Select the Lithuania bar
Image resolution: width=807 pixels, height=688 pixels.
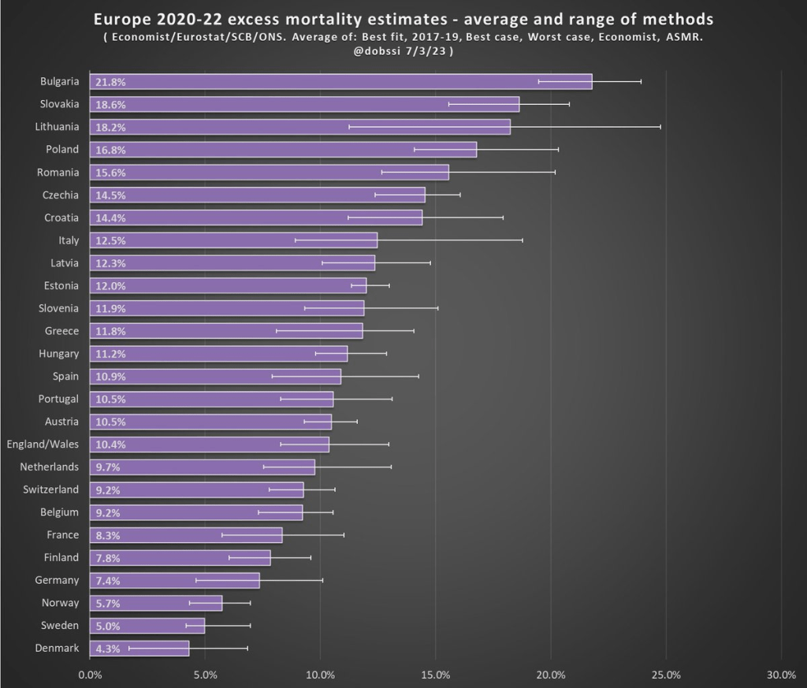[x=299, y=127]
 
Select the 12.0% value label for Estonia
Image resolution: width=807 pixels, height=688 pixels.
[x=110, y=286]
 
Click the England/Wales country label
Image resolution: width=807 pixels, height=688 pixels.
[x=43, y=444]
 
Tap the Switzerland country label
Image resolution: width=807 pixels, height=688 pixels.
[x=51, y=490]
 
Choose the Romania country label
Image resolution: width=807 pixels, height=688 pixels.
[x=58, y=173]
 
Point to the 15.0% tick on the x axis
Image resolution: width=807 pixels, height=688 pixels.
[x=436, y=675]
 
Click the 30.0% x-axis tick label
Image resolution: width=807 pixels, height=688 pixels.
[x=781, y=675]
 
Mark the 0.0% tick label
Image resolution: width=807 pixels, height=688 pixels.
[x=90, y=675]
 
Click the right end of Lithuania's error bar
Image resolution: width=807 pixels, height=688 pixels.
[x=660, y=127]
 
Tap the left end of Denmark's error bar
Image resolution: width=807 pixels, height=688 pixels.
[x=129, y=649]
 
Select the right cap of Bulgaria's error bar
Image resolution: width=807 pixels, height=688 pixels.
[x=641, y=82]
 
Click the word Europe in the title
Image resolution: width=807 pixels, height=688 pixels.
[x=120, y=19]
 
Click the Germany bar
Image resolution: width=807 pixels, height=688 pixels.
[x=174, y=581]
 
